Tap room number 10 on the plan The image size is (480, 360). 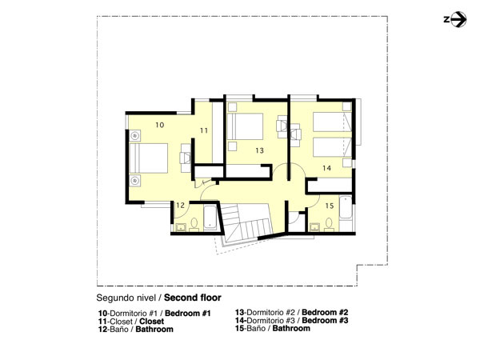click(159, 125)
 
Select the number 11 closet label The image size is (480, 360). click(204, 130)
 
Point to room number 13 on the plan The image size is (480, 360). click(259, 150)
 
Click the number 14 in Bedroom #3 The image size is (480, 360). click(326, 168)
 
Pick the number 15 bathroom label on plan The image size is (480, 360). click(330, 206)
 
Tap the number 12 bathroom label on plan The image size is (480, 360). click(180, 205)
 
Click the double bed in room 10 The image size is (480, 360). click(149, 158)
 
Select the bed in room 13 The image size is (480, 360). click(246, 126)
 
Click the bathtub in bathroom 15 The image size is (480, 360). click(346, 207)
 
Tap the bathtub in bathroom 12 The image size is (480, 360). click(210, 217)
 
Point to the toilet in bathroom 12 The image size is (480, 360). click(194, 224)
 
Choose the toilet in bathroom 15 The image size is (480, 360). click(329, 224)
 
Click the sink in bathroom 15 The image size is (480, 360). click(314, 227)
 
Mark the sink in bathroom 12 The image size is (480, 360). click(181, 227)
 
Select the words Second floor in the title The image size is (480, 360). click(193, 298)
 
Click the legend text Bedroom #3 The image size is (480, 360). click(325, 321)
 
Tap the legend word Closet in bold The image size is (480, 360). click(151, 322)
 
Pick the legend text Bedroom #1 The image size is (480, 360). click(188, 314)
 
